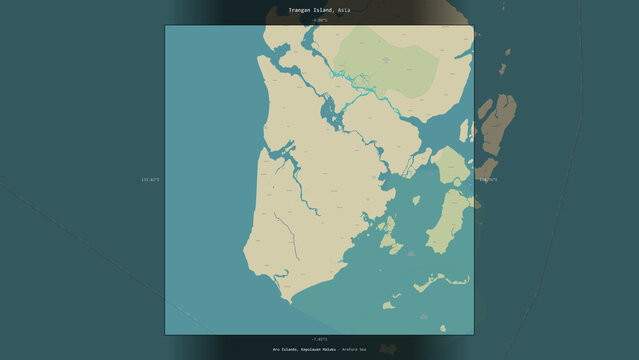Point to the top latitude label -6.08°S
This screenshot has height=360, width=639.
(319, 20)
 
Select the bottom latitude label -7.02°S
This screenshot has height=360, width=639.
(319, 340)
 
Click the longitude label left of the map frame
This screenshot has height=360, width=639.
(150, 180)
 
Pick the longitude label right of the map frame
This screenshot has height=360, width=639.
(488, 180)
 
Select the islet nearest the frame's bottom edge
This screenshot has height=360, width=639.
(442, 326)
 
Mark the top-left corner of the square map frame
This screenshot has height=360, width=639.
(165, 26)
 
